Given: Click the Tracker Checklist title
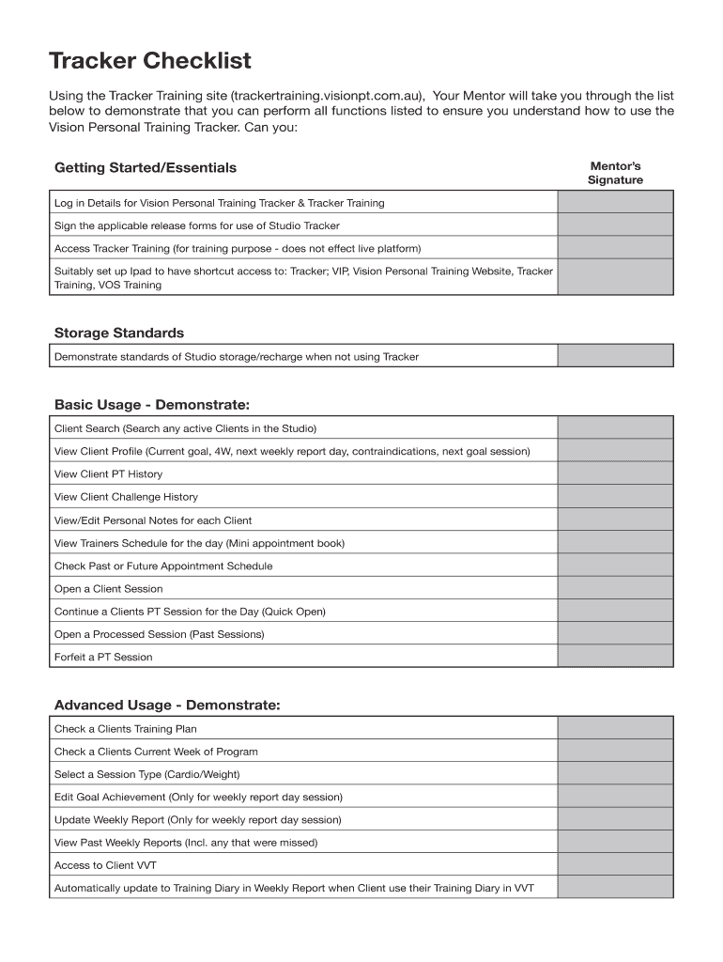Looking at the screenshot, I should click(x=150, y=62).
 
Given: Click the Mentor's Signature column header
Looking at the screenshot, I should click(x=615, y=173).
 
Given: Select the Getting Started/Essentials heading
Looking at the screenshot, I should click(x=146, y=168).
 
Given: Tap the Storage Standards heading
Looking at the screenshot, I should click(x=119, y=334).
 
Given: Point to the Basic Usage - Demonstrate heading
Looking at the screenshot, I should click(x=152, y=405).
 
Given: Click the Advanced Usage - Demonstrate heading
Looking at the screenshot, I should click(x=167, y=706).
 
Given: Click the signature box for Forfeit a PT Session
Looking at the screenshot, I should click(x=615, y=657).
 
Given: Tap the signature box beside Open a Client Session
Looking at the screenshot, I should click(x=615, y=589).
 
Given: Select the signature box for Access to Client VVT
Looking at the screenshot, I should click(x=615, y=865).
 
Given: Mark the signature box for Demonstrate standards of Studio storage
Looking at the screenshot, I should click(x=615, y=356).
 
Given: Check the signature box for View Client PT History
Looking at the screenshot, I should click(x=615, y=474).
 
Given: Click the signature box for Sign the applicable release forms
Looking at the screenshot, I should click(x=615, y=225).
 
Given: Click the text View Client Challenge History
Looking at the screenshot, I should click(x=126, y=497).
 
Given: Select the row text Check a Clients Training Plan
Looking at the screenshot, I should click(x=125, y=729).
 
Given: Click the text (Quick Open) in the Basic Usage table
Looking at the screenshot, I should click(x=294, y=612).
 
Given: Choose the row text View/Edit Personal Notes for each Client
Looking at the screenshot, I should click(x=153, y=520).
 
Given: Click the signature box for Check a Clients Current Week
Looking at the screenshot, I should click(x=615, y=752).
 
